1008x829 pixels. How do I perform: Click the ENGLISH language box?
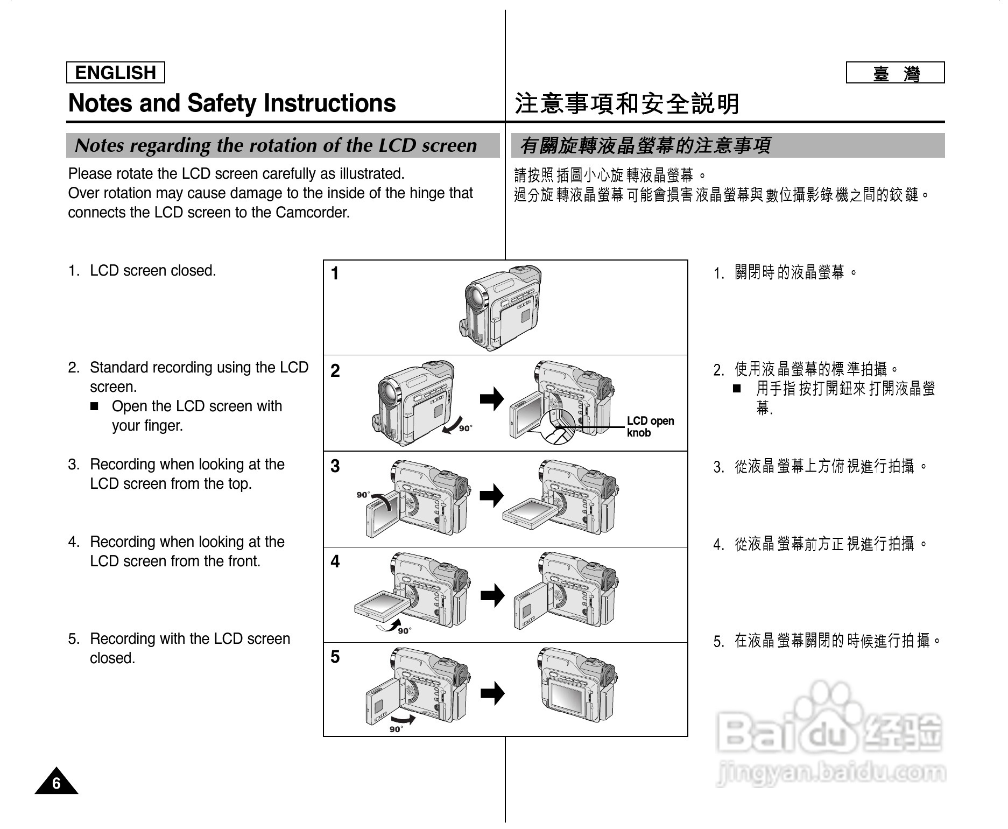click(115, 73)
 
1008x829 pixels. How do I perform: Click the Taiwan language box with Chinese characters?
click(895, 73)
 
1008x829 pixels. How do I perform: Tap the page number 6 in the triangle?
click(57, 784)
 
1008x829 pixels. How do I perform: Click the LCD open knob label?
click(650, 427)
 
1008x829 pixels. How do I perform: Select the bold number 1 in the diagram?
click(335, 274)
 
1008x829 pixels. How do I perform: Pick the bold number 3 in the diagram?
click(335, 466)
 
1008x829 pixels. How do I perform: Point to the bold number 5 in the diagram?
click(335, 657)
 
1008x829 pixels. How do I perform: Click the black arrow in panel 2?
click(492, 399)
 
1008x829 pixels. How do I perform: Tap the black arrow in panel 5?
click(492, 693)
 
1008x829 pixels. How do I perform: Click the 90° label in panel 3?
click(363, 495)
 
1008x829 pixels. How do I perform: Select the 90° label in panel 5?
click(396, 729)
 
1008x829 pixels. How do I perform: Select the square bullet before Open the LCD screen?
click(95, 407)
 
